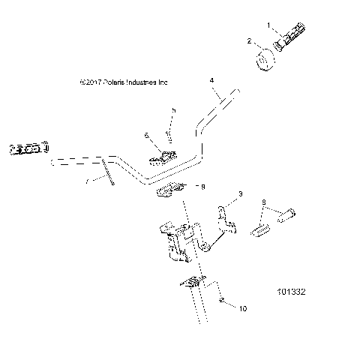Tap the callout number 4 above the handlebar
[212, 79]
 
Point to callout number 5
[172, 110]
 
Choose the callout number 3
[240, 194]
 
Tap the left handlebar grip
[28, 149]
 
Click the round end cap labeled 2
[266, 61]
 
